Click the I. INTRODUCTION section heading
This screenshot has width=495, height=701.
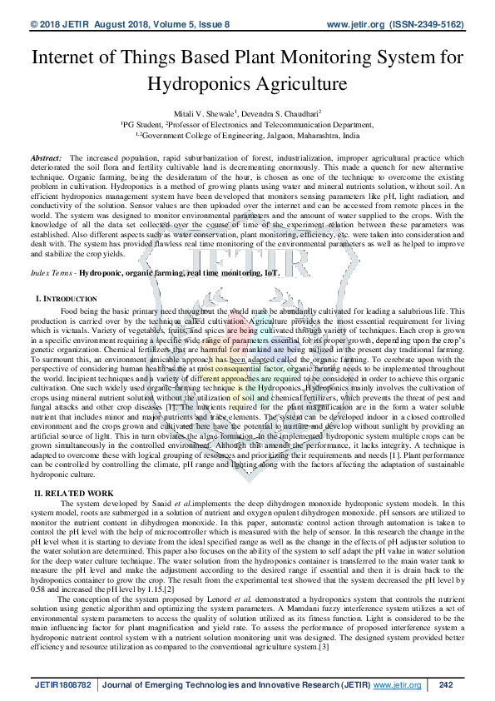click(67, 298)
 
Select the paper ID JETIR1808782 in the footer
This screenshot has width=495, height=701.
click(62, 684)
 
